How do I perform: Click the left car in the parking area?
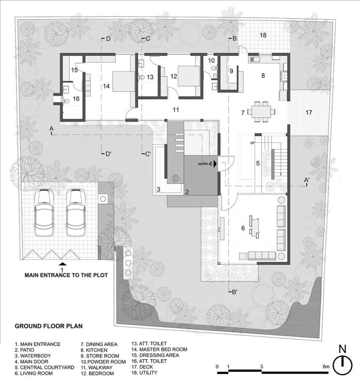tap(44, 212)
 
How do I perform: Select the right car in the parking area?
tap(76, 212)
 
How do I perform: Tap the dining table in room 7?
tap(261, 112)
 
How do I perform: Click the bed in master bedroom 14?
tap(124, 81)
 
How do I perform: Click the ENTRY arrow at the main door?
tap(215, 164)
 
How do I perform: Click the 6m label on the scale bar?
tap(326, 366)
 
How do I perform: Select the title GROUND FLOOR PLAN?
tap(49, 326)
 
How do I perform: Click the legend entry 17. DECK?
tap(142, 367)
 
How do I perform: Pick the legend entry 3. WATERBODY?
tap(33, 356)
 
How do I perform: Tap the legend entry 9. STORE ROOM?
tap(100, 356)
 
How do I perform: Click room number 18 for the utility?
tap(263, 35)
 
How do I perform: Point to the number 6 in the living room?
tap(243, 228)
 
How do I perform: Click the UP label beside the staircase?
tap(252, 143)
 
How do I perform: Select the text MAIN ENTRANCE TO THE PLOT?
tap(66, 275)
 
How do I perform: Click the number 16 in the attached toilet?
tap(76, 98)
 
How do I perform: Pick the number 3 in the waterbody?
tap(158, 189)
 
